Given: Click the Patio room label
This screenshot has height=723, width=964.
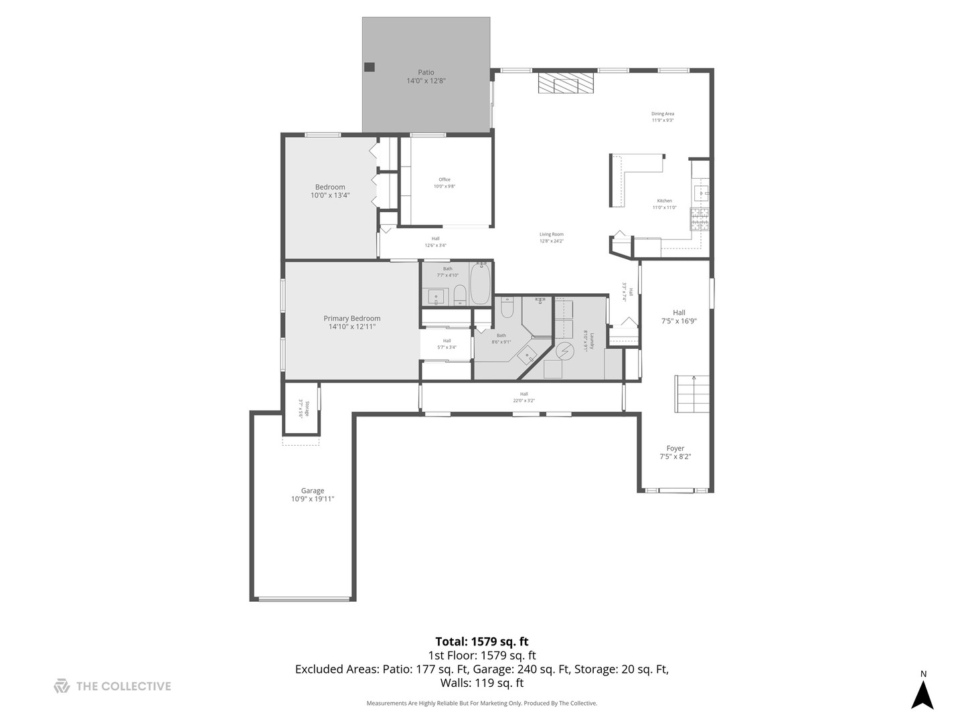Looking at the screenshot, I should pyautogui.click(x=426, y=72).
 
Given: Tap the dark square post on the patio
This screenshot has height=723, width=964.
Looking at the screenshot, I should pyautogui.click(x=370, y=67).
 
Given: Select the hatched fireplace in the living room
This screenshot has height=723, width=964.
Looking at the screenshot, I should pyautogui.click(x=566, y=84).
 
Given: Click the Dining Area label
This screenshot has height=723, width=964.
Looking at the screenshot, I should pyautogui.click(x=663, y=114).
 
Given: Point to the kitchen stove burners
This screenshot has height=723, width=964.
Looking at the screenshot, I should pyautogui.click(x=700, y=219).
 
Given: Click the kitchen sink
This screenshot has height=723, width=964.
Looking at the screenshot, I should pyautogui.click(x=701, y=194).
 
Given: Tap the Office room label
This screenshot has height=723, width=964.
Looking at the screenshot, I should pyautogui.click(x=445, y=179).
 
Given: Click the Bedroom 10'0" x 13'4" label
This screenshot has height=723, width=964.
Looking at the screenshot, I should pyautogui.click(x=330, y=191).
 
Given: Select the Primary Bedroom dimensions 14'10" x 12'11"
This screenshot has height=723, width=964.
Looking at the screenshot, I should pyautogui.click(x=352, y=327).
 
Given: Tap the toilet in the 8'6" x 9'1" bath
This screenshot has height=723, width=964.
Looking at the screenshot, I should pyautogui.click(x=507, y=309).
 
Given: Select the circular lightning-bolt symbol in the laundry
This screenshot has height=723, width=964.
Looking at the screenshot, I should pyautogui.click(x=566, y=350).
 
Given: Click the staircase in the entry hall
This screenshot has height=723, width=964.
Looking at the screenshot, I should pyautogui.click(x=692, y=396).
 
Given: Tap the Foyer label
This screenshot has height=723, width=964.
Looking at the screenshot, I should pyautogui.click(x=675, y=449).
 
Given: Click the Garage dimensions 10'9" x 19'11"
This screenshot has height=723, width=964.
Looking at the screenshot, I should pyautogui.click(x=313, y=499).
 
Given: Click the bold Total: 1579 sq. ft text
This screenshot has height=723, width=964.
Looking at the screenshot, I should pyautogui.click(x=482, y=641).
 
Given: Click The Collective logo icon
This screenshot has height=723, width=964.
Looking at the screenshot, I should pyautogui.click(x=62, y=686).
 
